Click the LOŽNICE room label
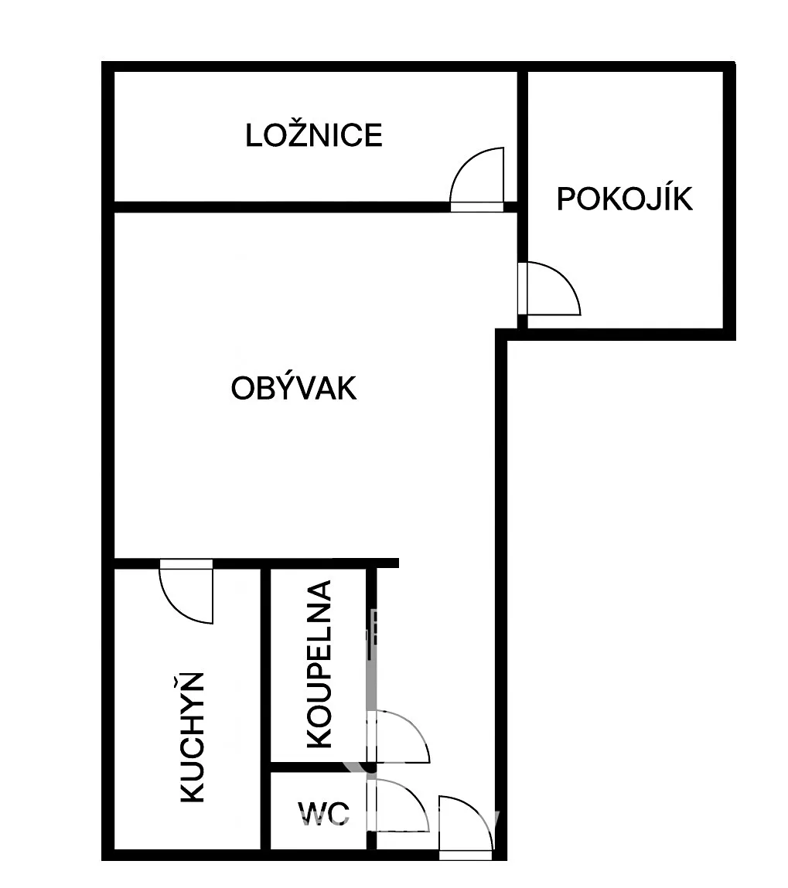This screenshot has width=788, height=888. (314, 135)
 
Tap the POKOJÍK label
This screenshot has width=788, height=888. (625, 199)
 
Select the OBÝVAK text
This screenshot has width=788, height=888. (294, 388)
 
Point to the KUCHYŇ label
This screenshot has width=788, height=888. (192, 737)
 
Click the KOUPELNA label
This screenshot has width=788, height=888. (319, 664)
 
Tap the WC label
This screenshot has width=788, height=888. (323, 814)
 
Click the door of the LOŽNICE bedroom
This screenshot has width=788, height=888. (476, 179)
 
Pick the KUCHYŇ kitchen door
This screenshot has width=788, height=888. (186, 591)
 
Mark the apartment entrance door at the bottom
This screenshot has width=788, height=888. (465, 828)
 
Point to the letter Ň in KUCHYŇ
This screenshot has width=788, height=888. (191, 682)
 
